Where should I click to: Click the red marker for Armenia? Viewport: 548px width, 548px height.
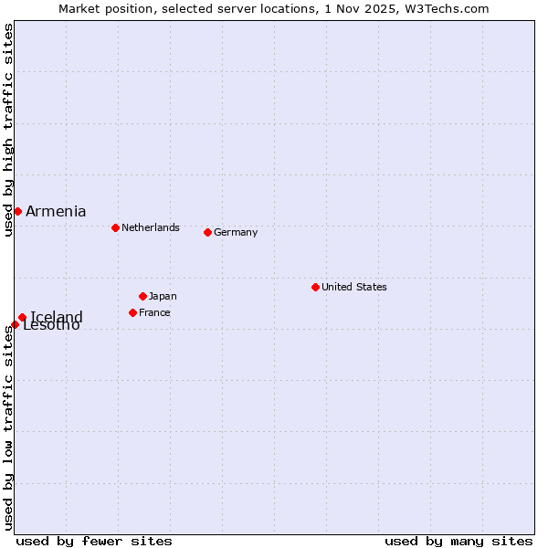click(17, 211)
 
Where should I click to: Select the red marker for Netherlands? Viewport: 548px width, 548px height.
click(115, 227)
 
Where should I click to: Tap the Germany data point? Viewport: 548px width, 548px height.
click(207, 232)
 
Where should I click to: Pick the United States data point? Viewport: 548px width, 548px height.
click(315, 287)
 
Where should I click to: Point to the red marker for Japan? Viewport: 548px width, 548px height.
click(142, 296)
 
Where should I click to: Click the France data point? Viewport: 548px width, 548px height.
click(132, 312)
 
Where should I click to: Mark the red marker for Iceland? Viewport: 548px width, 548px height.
click(22, 318)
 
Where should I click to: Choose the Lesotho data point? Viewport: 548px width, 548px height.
click(15, 324)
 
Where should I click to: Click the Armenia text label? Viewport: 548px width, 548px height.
click(56, 211)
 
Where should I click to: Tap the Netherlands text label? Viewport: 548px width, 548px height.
click(151, 227)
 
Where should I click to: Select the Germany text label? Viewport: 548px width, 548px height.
click(236, 232)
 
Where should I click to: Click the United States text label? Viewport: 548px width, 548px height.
click(354, 287)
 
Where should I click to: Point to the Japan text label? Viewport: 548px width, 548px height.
click(163, 296)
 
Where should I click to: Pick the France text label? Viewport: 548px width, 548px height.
click(154, 312)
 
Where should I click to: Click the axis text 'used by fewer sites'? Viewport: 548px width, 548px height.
click(94, 541)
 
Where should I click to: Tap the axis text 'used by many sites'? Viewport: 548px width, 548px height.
click(458, 541)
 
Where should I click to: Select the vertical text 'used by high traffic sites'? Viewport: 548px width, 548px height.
click(8, 131)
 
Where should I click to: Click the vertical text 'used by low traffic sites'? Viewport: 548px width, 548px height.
click(8, 427)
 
